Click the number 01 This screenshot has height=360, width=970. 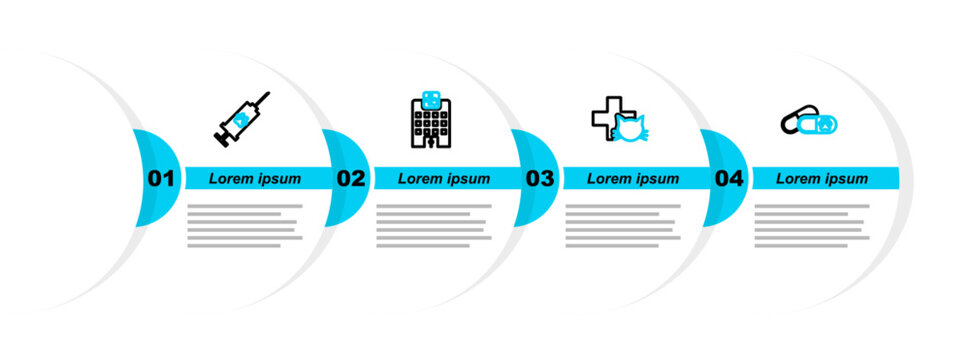pyautogui.click(x=161, y=179)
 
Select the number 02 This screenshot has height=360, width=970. pyautogui.click(x=350, y=179)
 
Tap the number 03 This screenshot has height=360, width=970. pyautogui.click(x=539, y=179)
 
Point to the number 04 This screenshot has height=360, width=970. pyautogui.click(x=729, y=179)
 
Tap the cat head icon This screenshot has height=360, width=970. pyautogui.click(x=630, y=129)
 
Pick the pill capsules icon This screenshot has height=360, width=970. pyautogui.click(x=809, y=122)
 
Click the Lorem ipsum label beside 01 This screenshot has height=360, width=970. pyautogui.click(x=255, y=179)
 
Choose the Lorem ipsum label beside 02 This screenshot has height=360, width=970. pyautogui.click(x=444, y=179)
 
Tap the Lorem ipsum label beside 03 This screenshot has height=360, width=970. pyautogui.click(x=633, y=179)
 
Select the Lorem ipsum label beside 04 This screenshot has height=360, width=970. pyautogui.click(x=822, y=179)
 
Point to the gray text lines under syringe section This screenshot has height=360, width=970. pyautogui.click(x=244, y=225)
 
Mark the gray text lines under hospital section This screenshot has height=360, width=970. pyautogui.click(x=433, y=225)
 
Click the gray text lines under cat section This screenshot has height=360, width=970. pyautogui.click(x=622, y=225)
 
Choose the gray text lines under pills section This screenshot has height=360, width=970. pyautogui.click(x=811, y=225)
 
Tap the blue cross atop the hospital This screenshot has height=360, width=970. pyautogui.click(x=432, y=99)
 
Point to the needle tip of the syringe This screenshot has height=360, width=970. pyautogui.click(x=267, y=94)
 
